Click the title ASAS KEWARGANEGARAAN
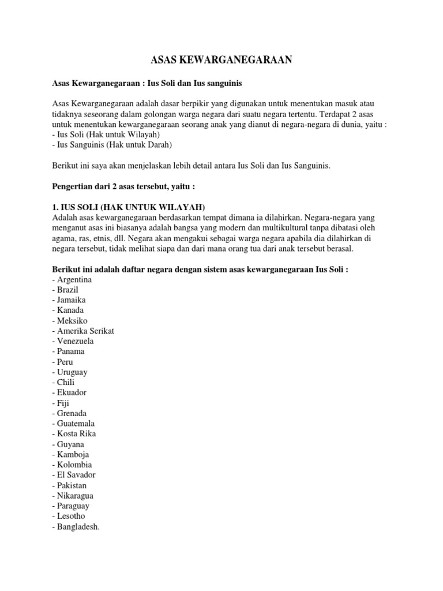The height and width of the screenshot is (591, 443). click(221, 59)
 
